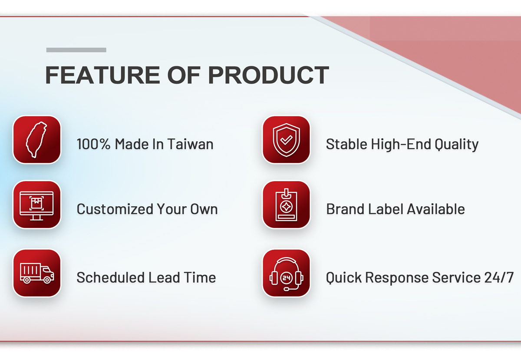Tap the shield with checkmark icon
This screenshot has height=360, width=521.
click(x=286, y=140)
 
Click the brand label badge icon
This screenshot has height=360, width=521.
click(x=286, y=205)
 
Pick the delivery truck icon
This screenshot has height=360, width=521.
click(x=37, y=273)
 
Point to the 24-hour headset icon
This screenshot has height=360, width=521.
click(x=286, y=274)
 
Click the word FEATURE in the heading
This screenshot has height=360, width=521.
click(x=102, y=75)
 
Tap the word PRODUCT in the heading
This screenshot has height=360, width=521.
click(x=269, y=75)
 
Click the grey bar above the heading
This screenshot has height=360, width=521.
click(x=76, y=50)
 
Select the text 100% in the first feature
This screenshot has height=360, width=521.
click(x=93, y=144)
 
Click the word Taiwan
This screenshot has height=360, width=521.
click(x=190, y=144)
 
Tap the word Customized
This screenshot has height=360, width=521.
click(x=115, y=209)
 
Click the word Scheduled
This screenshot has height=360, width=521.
click(x=111, y=277)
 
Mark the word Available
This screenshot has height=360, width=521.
click(x=436, y=209)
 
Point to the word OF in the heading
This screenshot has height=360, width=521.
click(x=184, y=75)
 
